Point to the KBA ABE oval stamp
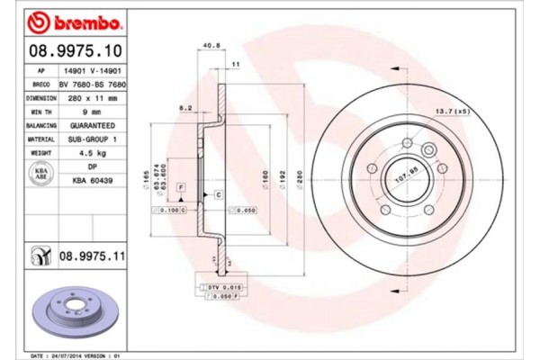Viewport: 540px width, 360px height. click(x=40, y=174)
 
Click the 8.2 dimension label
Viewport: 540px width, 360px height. click(x=186, y=106)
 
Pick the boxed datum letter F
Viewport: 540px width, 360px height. click(x=181, y=185)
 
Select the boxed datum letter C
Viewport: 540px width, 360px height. click(x=218, y=193)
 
